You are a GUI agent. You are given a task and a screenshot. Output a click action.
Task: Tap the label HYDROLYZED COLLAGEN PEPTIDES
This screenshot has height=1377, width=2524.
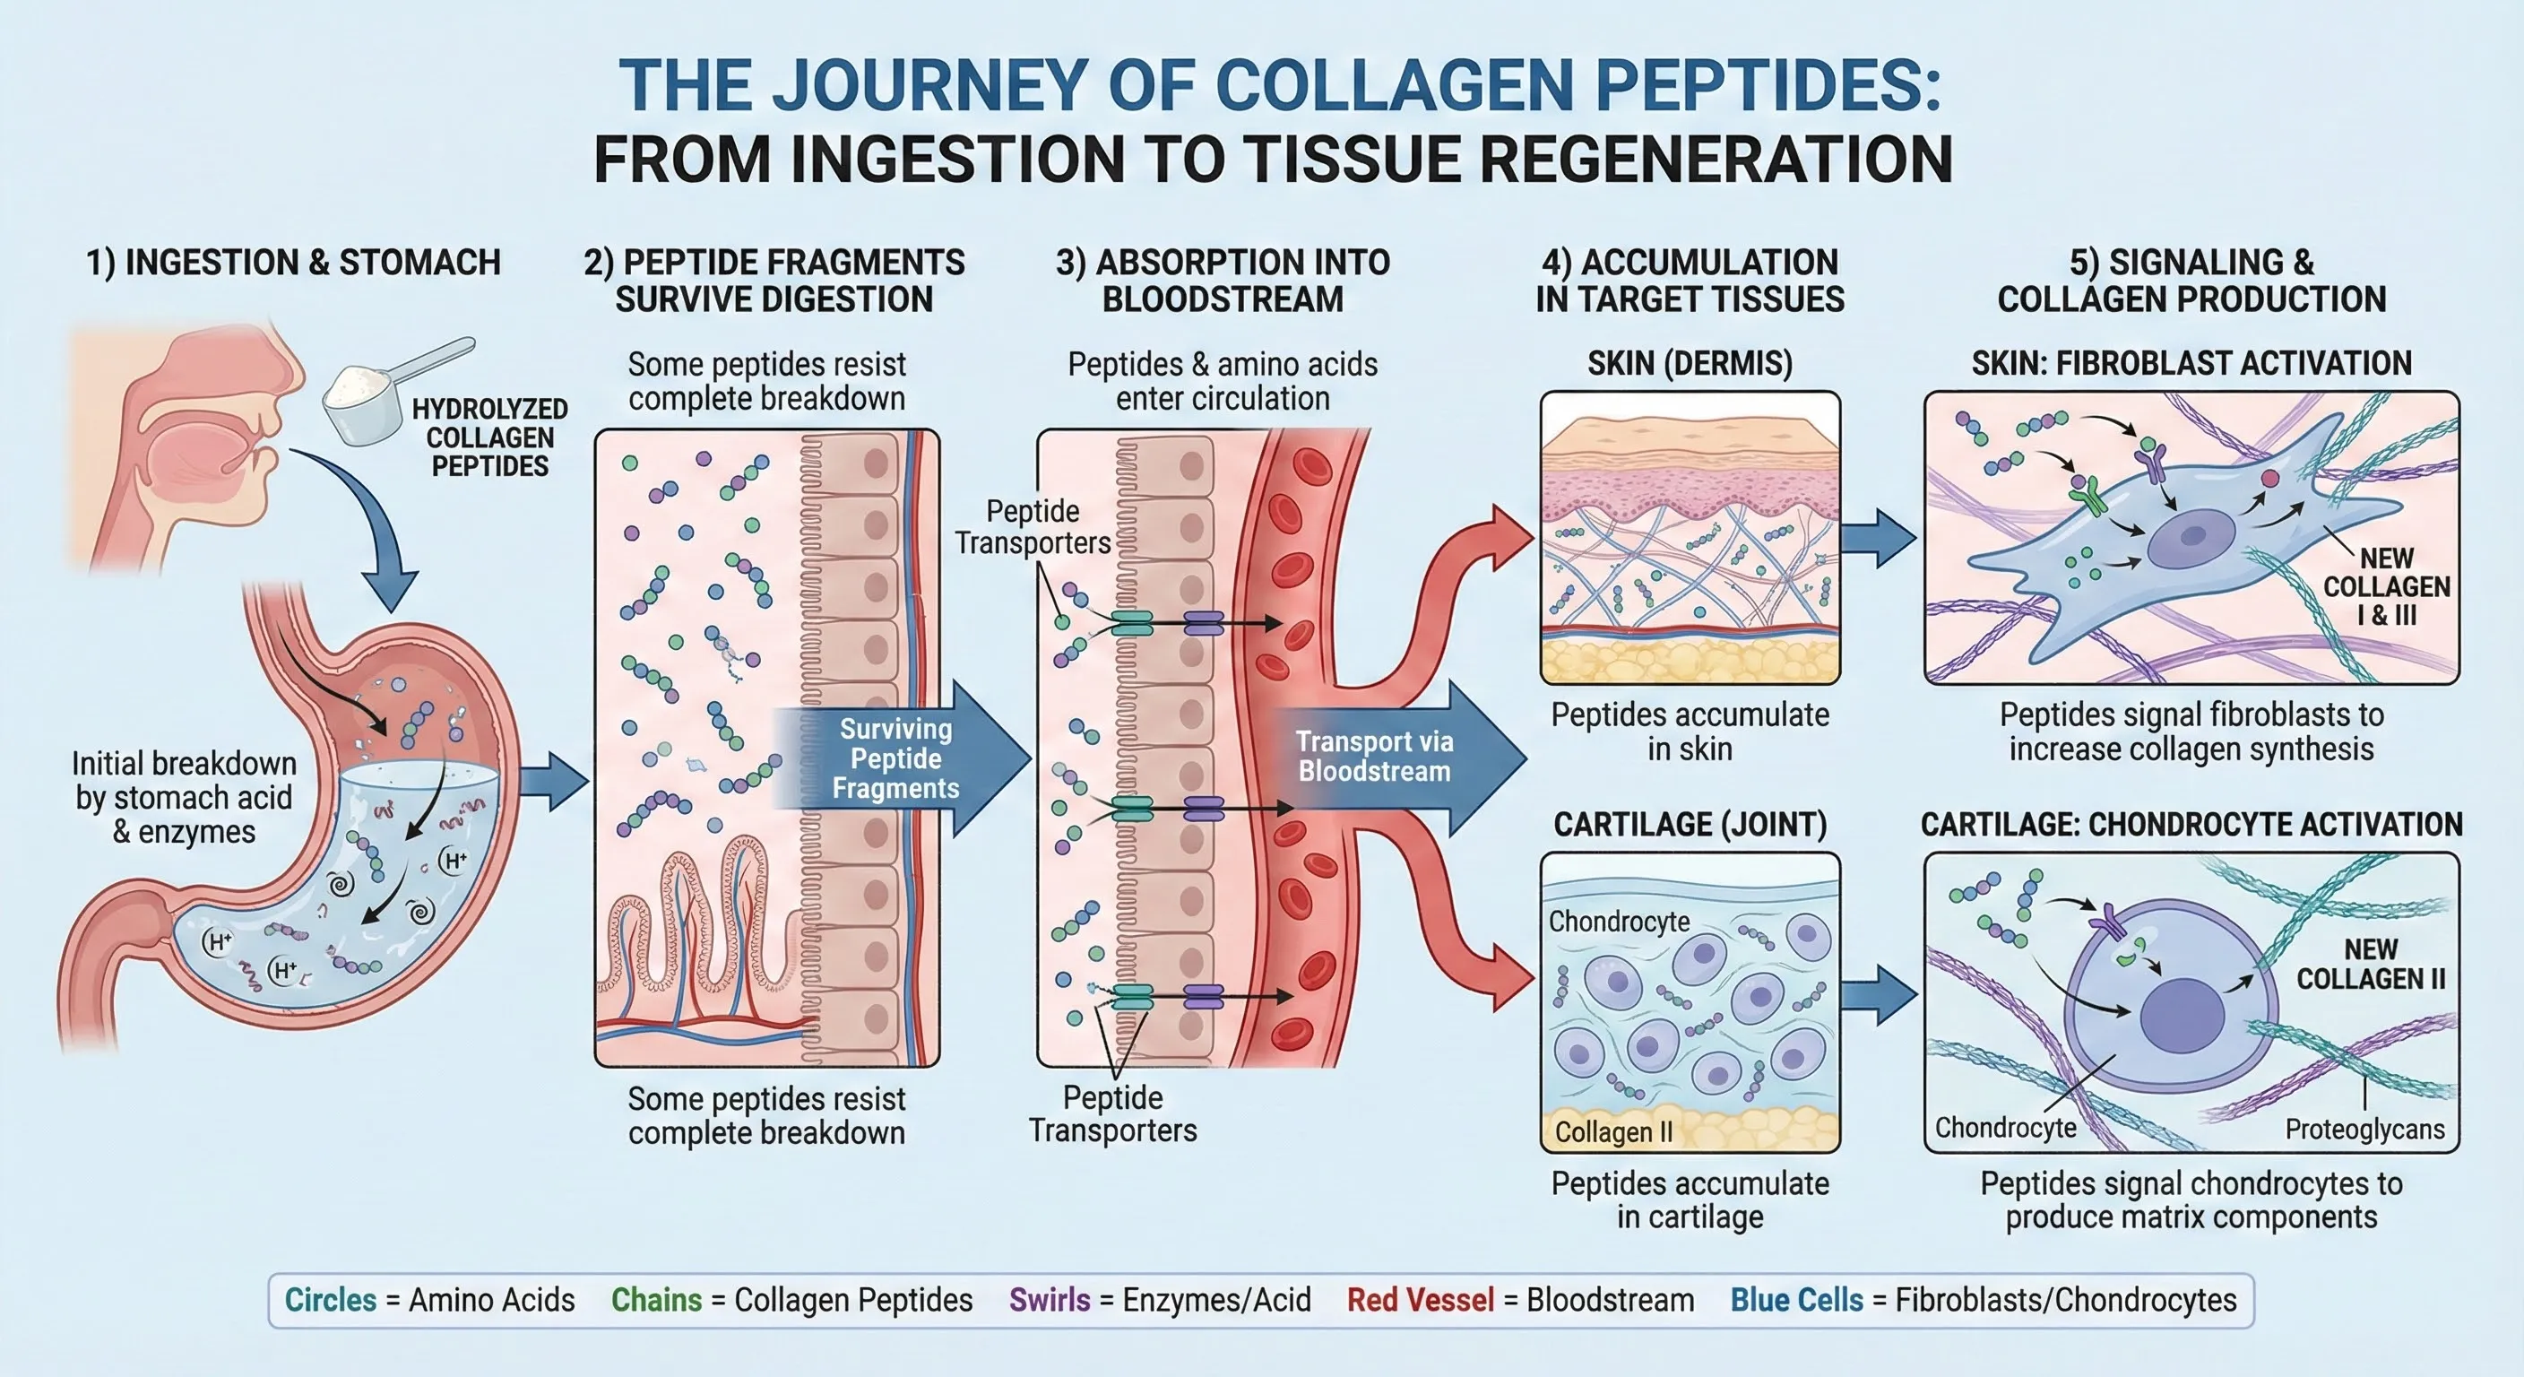(x=490, y=437)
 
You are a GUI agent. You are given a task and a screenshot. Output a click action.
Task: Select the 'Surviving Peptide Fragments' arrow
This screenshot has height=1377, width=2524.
(x=896, y=758)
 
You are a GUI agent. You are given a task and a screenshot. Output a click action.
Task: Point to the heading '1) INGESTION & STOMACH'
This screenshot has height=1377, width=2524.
(x=293, y=263)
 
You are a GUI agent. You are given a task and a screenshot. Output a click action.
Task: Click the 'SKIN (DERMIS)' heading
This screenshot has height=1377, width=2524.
(x=1690, y=364)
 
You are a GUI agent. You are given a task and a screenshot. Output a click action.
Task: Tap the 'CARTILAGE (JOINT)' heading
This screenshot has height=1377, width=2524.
(x=1690, y=824)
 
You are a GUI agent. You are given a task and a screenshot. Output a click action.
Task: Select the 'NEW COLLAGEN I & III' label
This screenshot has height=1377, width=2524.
(x=2386, y=586)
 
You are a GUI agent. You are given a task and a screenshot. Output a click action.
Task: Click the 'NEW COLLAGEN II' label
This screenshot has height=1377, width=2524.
(x=2370, y=965)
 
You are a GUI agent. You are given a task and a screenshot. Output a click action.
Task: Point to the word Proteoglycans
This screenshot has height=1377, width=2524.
(x=2364, y=1129)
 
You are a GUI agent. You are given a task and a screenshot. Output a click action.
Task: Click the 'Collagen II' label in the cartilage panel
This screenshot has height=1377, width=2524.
(x=1612, y=1132)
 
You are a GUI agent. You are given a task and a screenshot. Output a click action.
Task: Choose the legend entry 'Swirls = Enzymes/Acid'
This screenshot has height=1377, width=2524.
(x=1159, y=1301)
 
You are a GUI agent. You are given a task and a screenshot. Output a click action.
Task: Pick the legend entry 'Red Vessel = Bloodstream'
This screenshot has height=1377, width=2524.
(x=1520, y=1301)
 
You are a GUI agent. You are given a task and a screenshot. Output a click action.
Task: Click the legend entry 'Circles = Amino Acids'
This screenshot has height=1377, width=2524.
(x=429, y=1301)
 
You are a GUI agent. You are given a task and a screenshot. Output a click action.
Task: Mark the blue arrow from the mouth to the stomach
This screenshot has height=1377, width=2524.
(x=377, y=529)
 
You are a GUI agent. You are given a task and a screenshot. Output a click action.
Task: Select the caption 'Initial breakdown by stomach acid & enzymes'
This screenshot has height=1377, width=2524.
(x=185, y=798)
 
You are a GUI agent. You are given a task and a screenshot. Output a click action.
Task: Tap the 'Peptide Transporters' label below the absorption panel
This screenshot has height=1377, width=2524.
(x=1112, y=1113)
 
